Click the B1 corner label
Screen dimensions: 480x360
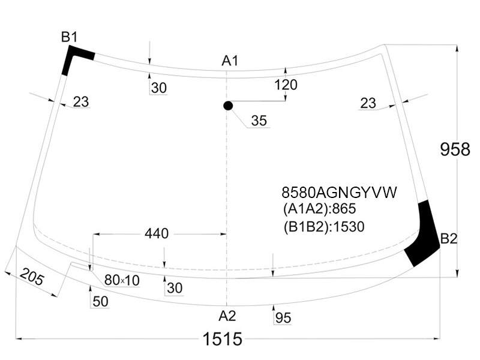point(69,37)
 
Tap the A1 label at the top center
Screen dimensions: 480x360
point(230,61)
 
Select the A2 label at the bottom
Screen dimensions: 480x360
point(227,316)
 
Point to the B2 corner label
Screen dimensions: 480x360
point(449,239)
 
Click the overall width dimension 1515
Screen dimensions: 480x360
point(223,339)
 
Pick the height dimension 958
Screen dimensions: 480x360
point(455,149)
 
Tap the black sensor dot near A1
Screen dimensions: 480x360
point(228,106)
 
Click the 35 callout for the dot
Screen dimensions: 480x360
point(259,121)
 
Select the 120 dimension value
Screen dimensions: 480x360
point(286,85)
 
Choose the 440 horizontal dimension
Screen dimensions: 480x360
point(157,233)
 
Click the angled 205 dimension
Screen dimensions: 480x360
point(32,277)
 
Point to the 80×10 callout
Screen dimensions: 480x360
point(122,280)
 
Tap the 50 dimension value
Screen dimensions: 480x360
point(100,302)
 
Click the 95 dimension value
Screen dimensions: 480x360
point(283,318)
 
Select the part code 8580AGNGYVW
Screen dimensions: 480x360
point(339,193)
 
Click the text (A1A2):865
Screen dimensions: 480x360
point(320,209)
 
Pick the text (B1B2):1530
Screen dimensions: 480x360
point(324,227)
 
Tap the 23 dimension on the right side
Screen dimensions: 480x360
point(368,103)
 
